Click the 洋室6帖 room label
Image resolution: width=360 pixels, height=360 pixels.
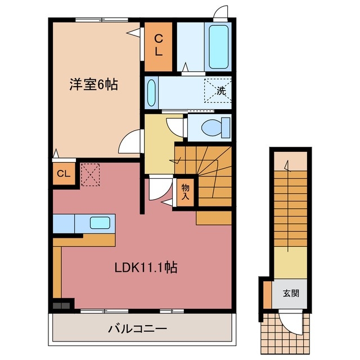[x=93, y=85]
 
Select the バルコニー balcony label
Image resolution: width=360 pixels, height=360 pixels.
[x=137, y=328]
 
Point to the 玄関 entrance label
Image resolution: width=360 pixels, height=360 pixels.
[x=291, y=292]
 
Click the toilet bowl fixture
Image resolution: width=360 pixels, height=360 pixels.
[x=215, y=127]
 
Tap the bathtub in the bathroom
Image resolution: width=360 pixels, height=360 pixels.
[x=218, y=47]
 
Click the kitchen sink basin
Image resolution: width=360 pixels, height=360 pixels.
[x=101, y=223]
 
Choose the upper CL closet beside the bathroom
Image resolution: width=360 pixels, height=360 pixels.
[x=158, y=47]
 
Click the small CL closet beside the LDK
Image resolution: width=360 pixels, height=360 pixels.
[x=63, y=174]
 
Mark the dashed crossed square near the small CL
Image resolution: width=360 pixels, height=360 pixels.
[x=90, y=174]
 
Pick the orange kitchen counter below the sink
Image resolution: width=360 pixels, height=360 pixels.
[x=84, y=240]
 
